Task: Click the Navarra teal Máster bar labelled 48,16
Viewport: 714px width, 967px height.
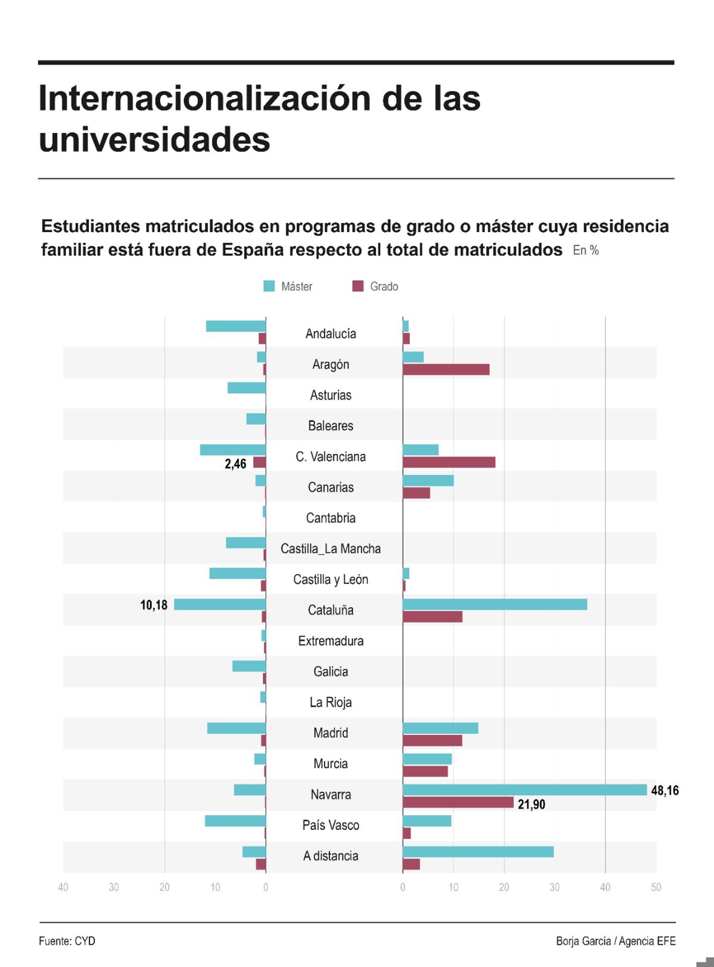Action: [x=525, y=790]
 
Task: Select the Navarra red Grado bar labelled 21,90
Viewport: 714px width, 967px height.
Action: [x=458, y=802]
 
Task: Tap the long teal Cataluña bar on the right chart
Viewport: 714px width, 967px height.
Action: [x=495, y=604]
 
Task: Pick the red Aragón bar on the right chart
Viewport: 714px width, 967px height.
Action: [x=446, y=370]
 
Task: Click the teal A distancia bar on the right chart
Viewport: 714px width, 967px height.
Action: [x=478, y=852]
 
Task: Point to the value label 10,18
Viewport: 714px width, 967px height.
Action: [x=154, y=605]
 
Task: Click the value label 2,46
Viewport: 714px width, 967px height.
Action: [x=236, y=464]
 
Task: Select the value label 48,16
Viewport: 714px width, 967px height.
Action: [x=665, y=790]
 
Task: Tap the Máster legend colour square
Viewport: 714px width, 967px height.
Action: [x=269, y=286]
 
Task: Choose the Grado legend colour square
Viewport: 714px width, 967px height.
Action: [x=358, y=286]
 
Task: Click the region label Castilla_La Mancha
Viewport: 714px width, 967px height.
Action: [x=330, y=548]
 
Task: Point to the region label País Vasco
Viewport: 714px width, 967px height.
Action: [x=330, y=825]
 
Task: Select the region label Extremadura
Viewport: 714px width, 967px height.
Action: [x=330, y=641]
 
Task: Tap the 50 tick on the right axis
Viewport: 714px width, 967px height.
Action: [x=656, y=887]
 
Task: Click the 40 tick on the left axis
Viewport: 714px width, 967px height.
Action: [x=63, y=887]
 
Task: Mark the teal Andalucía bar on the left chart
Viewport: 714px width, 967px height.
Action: [x=236, y=326]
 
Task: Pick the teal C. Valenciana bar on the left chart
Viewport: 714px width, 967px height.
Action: [x=233, y=450]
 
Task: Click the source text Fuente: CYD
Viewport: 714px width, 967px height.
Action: [x=67, y=941]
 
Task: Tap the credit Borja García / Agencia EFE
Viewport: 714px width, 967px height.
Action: [x=615, y=941]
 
